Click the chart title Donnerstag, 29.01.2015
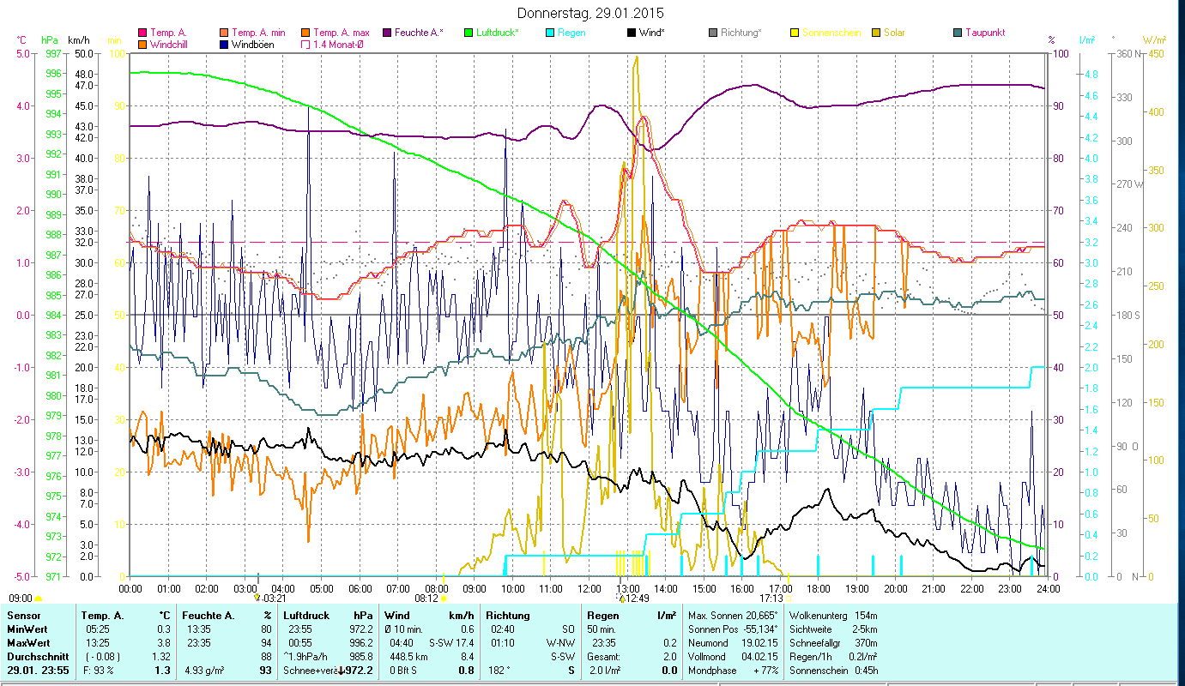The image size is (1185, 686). click(x=591, y=14)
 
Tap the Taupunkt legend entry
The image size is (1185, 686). click(x=984, y=33)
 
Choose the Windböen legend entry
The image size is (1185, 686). click(x=251, y=45)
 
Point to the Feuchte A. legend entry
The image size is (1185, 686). click(x=417, y=33)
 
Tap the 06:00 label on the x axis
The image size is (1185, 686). click(x=360, y=589)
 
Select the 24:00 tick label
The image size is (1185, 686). click(x=1048, y=589)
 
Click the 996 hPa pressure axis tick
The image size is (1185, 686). click(x=53, y=73)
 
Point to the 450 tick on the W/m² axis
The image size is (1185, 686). click(x=1156, y=53)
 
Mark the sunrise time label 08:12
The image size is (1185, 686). click(x=426, y=599)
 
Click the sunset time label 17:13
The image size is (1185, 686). click(x=771, y=599)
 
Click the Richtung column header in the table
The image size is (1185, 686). click(x=508, y=616)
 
